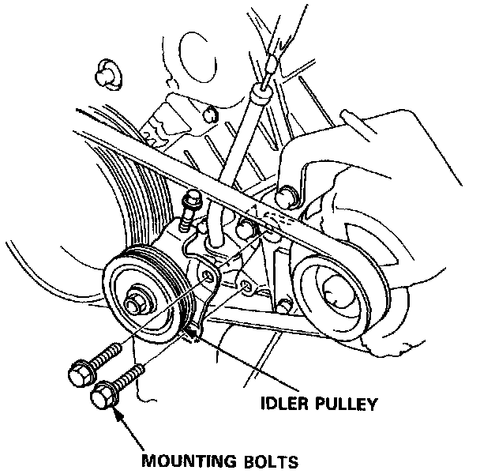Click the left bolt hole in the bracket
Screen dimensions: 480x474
(207, 276)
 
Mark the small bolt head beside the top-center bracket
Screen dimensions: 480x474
(208, 116)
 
